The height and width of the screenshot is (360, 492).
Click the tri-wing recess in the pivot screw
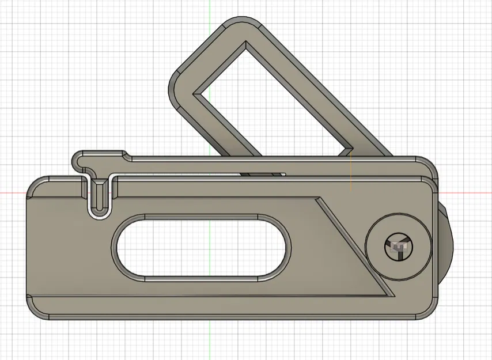398,246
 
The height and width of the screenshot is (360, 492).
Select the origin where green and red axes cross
210,192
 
